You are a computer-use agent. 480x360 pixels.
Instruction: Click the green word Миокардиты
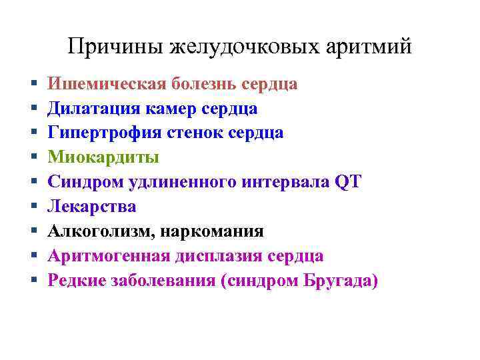coord(103,157)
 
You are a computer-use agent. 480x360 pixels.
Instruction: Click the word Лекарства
coord(92,207)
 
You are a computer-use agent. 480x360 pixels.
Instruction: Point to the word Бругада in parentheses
coord(341,281)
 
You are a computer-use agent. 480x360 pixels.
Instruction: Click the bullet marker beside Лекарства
coord(33,207)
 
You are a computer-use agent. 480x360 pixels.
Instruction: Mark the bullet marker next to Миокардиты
coord(33,158)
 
